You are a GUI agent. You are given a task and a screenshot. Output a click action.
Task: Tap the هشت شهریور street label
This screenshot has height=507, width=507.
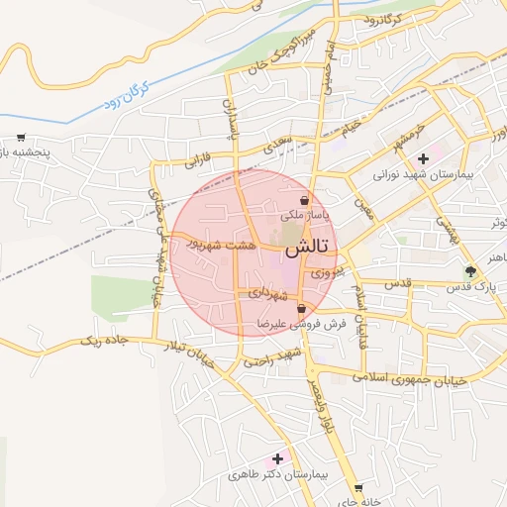coord(224,244)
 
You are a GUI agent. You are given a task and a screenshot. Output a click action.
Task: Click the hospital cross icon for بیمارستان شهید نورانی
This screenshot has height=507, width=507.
coord(423,158)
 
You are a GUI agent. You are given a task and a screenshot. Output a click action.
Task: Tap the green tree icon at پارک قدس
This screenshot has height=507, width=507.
coord(470,271)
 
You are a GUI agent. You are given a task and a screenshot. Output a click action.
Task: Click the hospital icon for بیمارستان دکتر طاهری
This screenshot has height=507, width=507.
coord(277,457)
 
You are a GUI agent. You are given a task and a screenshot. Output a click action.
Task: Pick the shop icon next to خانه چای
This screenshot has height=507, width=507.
coord(357,487)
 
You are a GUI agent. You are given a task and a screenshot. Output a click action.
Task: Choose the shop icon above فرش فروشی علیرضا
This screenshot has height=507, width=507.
coord(300,310)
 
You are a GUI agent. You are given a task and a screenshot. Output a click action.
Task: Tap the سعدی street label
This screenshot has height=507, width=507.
coord(278,145)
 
